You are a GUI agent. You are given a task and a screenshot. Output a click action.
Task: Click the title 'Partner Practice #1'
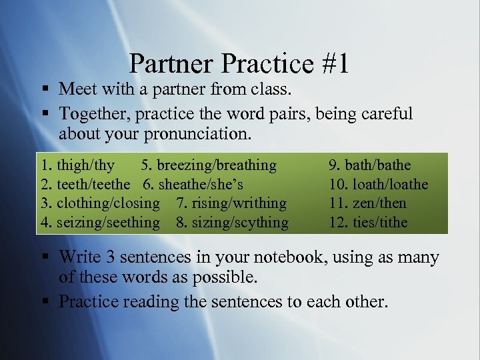[x=239, y=64]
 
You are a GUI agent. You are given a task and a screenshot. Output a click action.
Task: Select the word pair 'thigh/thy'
[x=86, y=165]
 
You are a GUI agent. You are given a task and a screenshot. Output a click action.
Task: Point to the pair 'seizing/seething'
[x=109, y=222]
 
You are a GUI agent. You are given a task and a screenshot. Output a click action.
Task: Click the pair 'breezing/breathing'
[x=217, y=165]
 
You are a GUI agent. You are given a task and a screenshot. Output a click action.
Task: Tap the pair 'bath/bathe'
[x=378, y=165]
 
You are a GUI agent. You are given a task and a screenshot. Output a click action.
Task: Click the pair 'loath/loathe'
[x=390, y=184]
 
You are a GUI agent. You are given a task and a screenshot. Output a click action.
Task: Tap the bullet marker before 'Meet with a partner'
[x=43, y=89]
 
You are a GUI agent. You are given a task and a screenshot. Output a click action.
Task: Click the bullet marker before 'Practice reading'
[x=43, y=302]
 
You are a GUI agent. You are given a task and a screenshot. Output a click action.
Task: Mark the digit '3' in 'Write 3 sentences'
[x=106, y=257]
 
